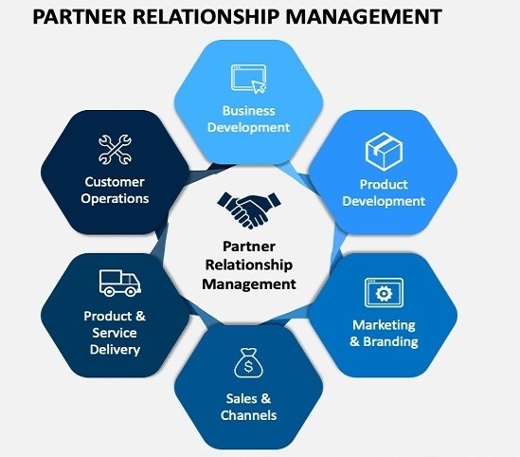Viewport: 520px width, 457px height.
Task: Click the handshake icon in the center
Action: tap(249, 210)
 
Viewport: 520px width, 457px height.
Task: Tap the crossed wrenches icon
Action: tap(115, 150)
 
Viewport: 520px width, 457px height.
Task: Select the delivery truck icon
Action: tap(119, 283)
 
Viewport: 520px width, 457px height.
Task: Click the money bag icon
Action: tap(248, 363)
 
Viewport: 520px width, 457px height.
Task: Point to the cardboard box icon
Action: tap(384, 152)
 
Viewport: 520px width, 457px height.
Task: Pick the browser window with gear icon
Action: tap(384, 293)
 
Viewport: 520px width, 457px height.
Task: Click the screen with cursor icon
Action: tap(249, 79)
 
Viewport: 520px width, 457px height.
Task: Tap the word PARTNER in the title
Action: tap(80, 17)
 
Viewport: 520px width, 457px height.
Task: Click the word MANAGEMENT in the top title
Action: tap(364, 17)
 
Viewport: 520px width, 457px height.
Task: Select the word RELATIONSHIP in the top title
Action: tap(206, 17)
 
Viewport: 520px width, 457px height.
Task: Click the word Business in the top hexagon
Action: tap(249, 111)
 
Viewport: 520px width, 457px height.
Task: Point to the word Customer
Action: tap(115, 182)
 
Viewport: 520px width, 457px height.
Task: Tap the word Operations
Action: tap(115, 198)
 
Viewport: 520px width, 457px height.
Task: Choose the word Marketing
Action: tap(384, 325)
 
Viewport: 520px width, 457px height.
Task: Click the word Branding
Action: tap(390, 341)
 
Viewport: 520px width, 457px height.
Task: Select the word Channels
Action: tap(249, 415)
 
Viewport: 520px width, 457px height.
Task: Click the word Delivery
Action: tap(115, 350)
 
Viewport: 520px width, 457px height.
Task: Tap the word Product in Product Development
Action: tap(384, 185)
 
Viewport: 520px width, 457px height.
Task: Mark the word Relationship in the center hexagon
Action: tap(249, 265)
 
